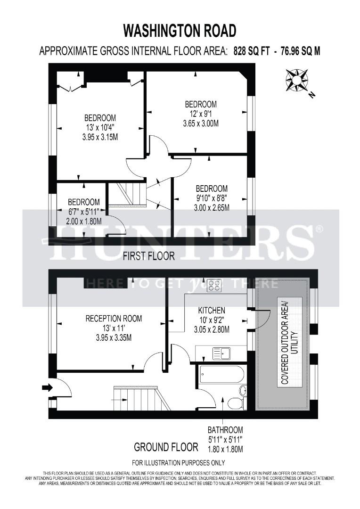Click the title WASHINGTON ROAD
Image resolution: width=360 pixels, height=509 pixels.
coord(180,31)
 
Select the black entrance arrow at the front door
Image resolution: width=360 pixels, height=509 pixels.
coord(47,387)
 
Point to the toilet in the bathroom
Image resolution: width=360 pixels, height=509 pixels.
coord(234,402)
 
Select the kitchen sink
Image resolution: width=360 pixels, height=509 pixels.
coord(221,352)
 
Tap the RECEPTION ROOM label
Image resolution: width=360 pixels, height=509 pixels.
coord(114,319)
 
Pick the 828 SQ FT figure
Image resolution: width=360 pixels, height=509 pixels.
coord(253,51)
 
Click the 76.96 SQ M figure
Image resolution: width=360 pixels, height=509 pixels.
coord(300,51)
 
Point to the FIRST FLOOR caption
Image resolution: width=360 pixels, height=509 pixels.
coord(149,256)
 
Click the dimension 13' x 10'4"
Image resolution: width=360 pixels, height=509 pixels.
coord(100,127)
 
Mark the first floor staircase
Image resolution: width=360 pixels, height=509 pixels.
coord(125,194)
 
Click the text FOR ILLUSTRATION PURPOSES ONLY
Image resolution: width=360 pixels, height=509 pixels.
coord(179,462)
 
